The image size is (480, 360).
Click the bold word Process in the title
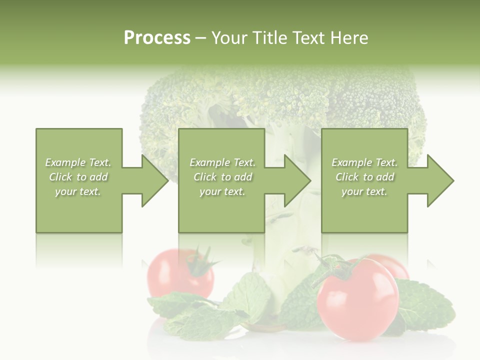tap(157, 38)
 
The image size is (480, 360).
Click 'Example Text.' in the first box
tap(78, 162)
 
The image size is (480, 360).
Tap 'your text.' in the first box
tap(78, 191)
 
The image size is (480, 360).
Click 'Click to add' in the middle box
tap(222, 177)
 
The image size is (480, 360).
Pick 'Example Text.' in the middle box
tap(222, 162)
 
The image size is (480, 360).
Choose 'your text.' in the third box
tap(364, 191)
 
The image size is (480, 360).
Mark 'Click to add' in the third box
tap(364, 177)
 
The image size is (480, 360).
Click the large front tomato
tap(357, 302)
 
